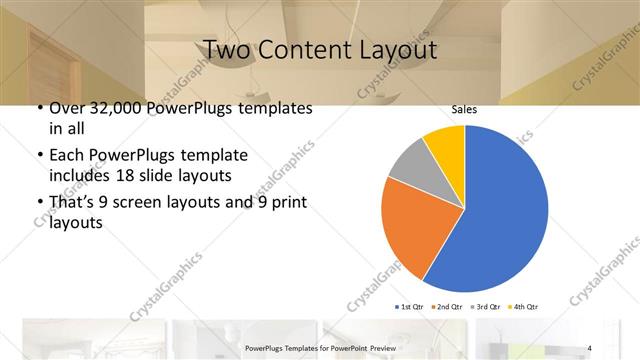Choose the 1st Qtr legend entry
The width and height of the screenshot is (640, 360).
click(412, 305)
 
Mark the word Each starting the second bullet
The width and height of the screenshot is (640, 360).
click(67, 156)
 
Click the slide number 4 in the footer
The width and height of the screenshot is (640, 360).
click(589, 347)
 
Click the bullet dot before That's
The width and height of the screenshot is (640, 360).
click(39, 204)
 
